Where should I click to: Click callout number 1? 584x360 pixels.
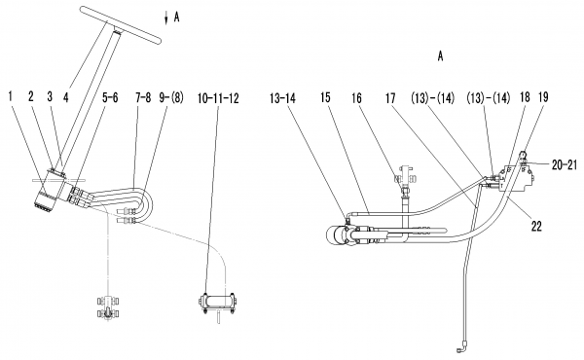(10, 96)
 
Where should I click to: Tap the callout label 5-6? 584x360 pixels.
(110, 97)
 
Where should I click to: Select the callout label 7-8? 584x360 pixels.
(143, 98)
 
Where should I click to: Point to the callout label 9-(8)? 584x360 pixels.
(171, 98)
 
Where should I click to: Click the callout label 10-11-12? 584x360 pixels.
(218, 98)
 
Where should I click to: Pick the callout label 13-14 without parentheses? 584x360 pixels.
(282, 98)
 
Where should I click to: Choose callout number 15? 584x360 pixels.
(325, 98)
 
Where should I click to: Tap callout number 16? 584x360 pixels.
(357, 98)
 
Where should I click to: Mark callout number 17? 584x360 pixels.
(390, 98)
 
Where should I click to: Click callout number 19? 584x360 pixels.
(544, 97)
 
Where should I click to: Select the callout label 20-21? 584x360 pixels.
(565, 164)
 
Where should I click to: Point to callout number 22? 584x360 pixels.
(536, 226)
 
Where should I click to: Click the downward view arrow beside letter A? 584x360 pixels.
(166, 18)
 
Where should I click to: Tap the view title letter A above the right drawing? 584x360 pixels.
(441, 56)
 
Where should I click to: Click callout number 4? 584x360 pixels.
(65, 97)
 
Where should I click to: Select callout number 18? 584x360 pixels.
(525, 97)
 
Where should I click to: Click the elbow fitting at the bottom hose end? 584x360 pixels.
(459, 348)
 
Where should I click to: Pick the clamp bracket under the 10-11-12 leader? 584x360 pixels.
(217, 302)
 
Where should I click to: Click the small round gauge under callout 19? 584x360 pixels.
(524, 154)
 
